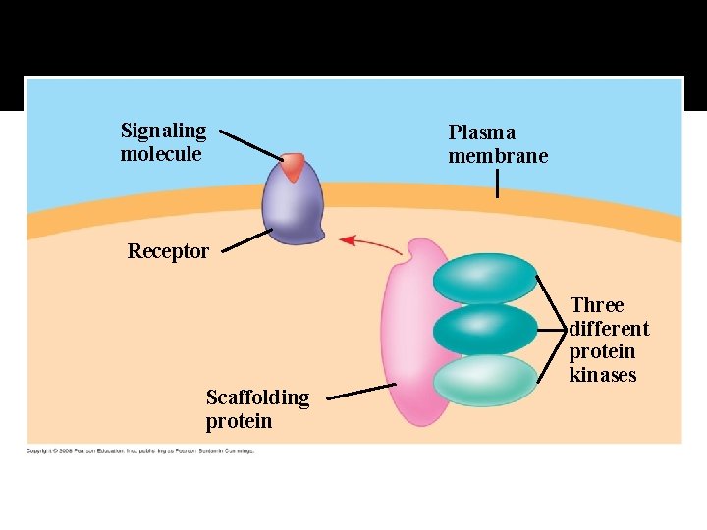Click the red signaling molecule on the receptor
pos(294,167)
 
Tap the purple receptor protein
pos(293,208)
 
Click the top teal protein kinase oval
pos(485,279)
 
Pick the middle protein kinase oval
pos(485,329)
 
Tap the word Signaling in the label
pos(163,131)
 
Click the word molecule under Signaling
pos(161,154)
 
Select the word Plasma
pos(481,132)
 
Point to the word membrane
pos(498,156)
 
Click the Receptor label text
pos(168,251)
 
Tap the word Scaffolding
pos(257,397)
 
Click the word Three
pos(597,305)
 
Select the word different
pos(609,329)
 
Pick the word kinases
pos(603,375)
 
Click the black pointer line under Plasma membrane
pos(498,184)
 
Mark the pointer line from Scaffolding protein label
pos(361,391)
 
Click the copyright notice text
pos(139,451)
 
